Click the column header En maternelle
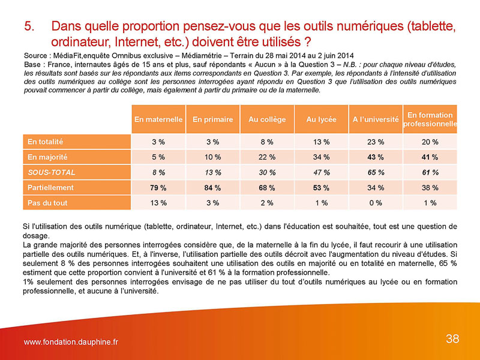click(158, 119)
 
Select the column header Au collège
click(267, 119)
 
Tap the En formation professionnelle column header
click(430, 119)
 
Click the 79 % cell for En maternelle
click(158, 188)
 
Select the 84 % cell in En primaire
click(212, 188)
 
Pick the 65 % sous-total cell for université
click(376, 172)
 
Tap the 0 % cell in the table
click(376, 203)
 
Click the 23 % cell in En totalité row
click(376, 142)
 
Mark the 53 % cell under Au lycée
click(321, 188)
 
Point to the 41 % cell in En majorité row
click(430, 157)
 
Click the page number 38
click(452, 339)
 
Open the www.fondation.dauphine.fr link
click(71, 342)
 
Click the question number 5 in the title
click(29, 26)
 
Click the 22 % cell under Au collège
click(267, 157)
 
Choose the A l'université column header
click(376, 119)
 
